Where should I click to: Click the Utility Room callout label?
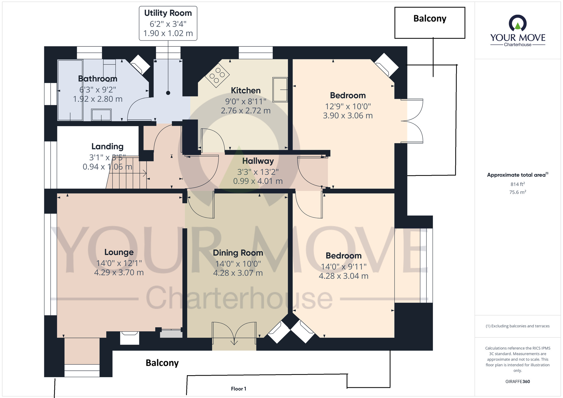pyautogui.click(x=168, y=23)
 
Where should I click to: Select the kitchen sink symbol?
pyautogui.click(x=280, y=90)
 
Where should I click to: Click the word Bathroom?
pyautogui.click(x=98, y=79)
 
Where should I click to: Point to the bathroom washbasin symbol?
pyautogui.click(x=101, y=115)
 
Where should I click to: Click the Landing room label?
pyautogui.click(x=108, y=146)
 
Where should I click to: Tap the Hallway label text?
pyautogui.click(x=258, y=161)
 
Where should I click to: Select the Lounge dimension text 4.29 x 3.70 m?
pyautogui.click(x=119, y=272)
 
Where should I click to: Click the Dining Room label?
pyautogui.click(x=238, y=253)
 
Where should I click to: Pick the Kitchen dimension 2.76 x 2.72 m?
pyautogui.click(x=246, y=111)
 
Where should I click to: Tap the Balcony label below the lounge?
pyautogui.click(x=162, y=363)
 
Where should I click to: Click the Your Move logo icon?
pyautogui.click(x=518, y=23)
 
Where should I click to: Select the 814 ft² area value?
pyautogui.click(x=518, y=184)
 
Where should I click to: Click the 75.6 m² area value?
pyautogui.click(x=518, y=192)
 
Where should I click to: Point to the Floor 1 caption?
pyautogui.click(x=238, y=389)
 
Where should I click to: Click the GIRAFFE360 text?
pyautogui.click(x=518, y=382)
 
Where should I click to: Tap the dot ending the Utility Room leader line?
pyautogui.click(x=168, y=93)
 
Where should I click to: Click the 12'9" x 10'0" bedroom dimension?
pyautogui.click(x=348, y=106)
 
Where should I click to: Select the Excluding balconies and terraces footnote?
pyautogui.click(x=518, y=326)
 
